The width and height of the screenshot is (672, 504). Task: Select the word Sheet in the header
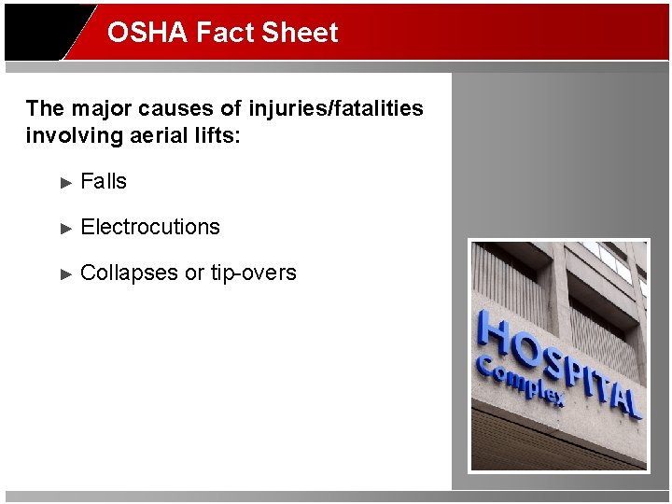[301, 33]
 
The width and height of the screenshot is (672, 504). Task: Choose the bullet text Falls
[104, 181]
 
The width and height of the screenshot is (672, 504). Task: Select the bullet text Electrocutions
[150, 227]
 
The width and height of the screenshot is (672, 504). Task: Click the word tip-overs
[253, 273]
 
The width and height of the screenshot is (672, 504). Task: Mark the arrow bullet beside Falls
[65, 182]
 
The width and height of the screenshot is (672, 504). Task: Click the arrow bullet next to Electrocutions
[65, 228]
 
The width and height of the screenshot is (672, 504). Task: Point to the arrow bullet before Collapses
[65, 273]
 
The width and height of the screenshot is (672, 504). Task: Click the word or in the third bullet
[194, 273]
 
